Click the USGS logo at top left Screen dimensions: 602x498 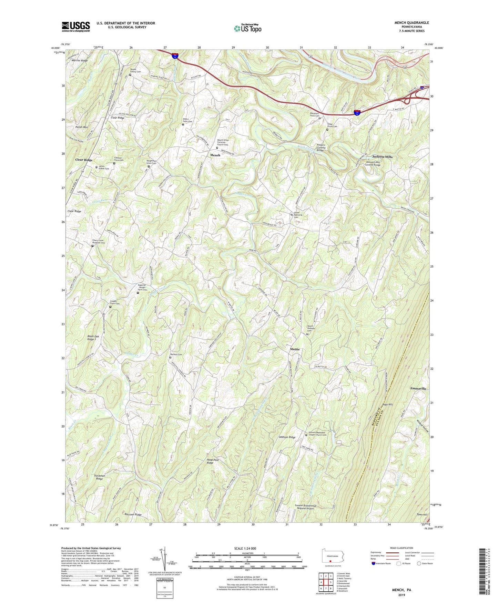pos(76,27)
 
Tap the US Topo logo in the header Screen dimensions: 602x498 pos(247,28)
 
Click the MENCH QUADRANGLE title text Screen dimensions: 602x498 pos(411,23)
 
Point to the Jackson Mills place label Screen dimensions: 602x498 pos(382,157)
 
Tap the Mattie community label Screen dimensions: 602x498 pos(295,349)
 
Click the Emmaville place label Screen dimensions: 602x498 pos(418,388)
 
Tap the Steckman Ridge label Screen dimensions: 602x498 pos(99,477)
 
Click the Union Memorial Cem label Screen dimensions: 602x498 pos(298,215)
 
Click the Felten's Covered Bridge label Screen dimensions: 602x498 pos(321,148)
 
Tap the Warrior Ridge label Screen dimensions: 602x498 pos(80,61)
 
